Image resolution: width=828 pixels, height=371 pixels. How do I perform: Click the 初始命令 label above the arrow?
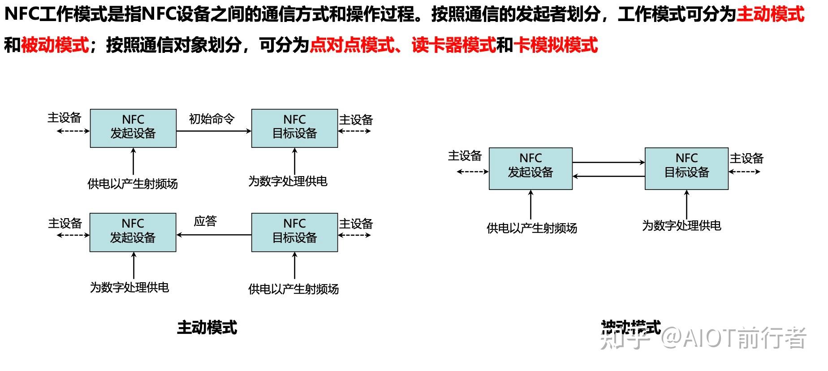click(x=211, y=119)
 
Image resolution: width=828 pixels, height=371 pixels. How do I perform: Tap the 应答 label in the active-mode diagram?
click(x=205, y=221)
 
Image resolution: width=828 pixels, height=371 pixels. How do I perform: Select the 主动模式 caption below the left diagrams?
click(x=207, y=328)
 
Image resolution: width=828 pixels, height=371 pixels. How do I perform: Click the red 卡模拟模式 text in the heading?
click(x=556, y=45)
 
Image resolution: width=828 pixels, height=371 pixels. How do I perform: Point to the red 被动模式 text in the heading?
click(x=55, y=45)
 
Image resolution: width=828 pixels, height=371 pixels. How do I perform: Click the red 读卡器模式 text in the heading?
click(x=453, y=45)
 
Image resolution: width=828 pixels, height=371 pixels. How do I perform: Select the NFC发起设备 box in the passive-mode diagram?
click(x=530, y=169)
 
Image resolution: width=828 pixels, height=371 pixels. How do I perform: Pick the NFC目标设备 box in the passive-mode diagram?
click(x=686, y=169)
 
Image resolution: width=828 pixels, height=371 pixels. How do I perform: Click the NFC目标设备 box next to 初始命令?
click(x=294, y=128)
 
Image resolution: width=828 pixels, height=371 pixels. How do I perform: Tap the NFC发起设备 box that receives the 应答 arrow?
click(x=133, y=232)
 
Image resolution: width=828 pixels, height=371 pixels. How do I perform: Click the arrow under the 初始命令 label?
click(x=214, y=131)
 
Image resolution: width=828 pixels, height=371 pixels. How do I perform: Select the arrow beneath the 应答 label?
click(x=214, y=235)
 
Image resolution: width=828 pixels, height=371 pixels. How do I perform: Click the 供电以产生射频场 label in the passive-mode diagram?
click(x=532, y=228)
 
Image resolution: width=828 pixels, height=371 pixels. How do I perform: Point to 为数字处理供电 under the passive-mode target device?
click(x=681, y=225)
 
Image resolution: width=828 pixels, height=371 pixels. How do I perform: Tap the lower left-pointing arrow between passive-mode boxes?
click(x=608, y=177)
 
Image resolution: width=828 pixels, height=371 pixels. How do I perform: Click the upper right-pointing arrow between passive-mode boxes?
click(x=608, y=162)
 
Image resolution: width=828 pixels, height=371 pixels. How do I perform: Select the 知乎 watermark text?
click(x=625, y=340)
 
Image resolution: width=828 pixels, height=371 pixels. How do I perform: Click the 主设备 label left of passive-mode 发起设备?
click(x=465, y=156)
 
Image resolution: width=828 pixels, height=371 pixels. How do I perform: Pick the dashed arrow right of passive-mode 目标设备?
click(x=745, y=172)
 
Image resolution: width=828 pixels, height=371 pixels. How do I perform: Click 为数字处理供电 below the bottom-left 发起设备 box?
click(x=129, y=287)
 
